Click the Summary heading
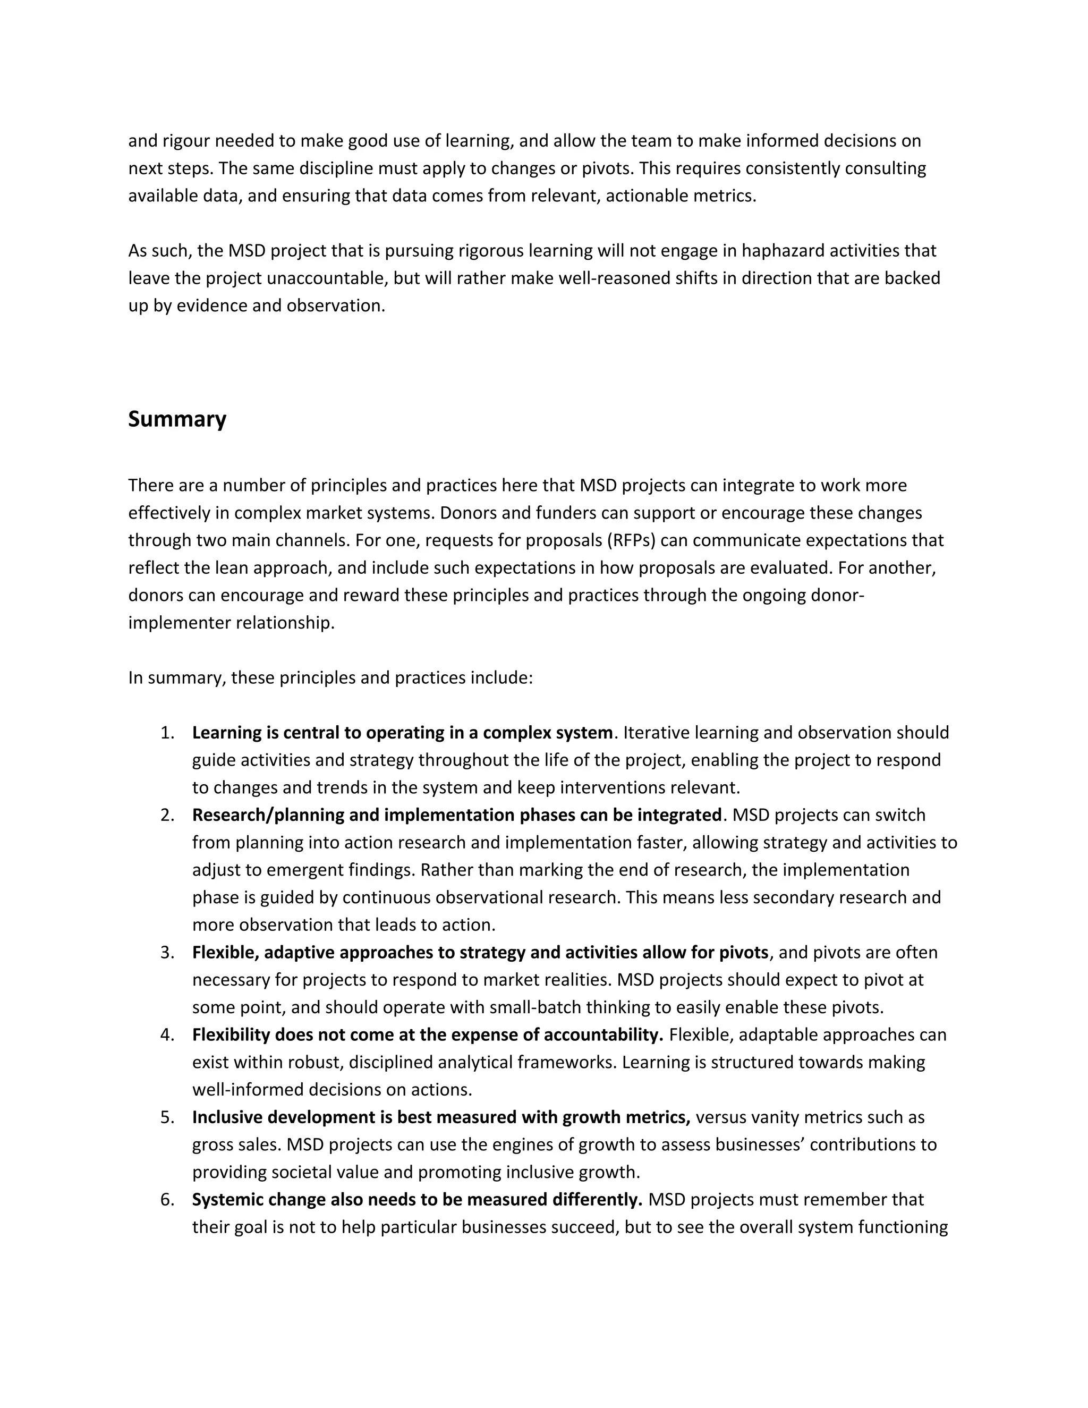point(177,419)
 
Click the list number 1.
point(167,733)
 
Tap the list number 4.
point(167,1034)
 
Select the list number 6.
point(167,1200)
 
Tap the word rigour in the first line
point(185,141)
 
